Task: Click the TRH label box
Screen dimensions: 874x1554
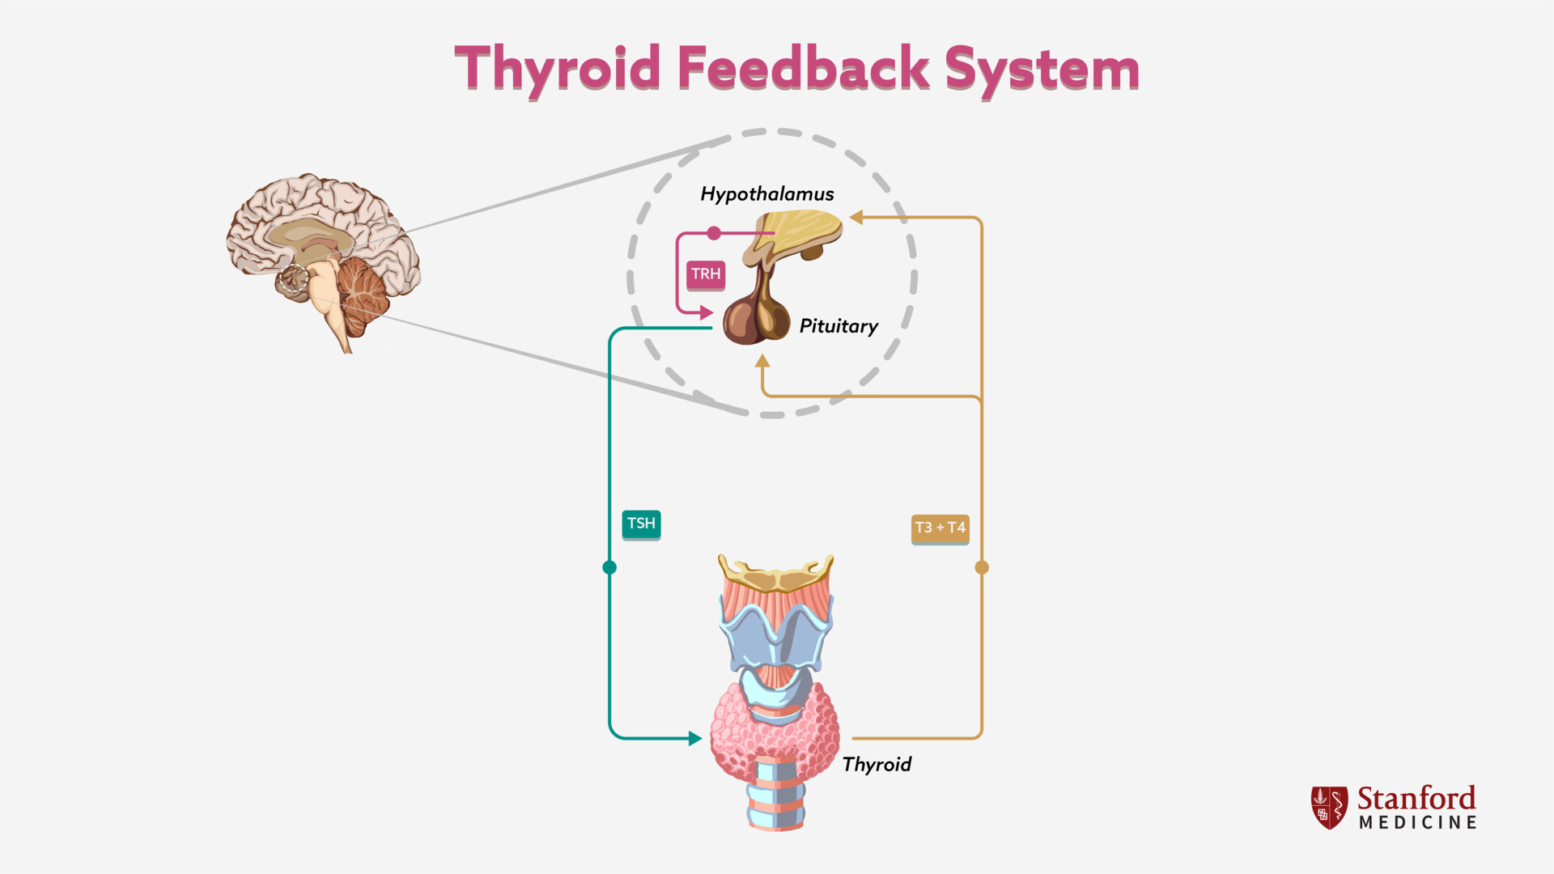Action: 706,274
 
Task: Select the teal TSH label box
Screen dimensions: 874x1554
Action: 641,524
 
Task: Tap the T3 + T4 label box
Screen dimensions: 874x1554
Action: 940,528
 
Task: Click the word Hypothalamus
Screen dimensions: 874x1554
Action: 766,194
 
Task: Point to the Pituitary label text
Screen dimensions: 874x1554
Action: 839,326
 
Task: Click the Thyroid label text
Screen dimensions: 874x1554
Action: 877,765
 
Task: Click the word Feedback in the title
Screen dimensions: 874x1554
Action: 803,69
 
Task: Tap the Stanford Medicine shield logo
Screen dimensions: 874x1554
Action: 1329,807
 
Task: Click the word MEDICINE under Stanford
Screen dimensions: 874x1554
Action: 1418,823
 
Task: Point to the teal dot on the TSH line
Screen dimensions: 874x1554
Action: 609,567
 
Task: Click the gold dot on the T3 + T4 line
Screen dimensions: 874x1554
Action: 982,567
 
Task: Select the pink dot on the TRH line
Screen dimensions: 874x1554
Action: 714,233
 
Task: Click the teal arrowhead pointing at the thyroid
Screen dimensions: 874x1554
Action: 694,738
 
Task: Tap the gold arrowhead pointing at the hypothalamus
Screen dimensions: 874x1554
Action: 856,217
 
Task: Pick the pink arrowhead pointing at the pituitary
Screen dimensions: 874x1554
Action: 706,312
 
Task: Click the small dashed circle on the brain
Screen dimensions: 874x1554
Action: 293,279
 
